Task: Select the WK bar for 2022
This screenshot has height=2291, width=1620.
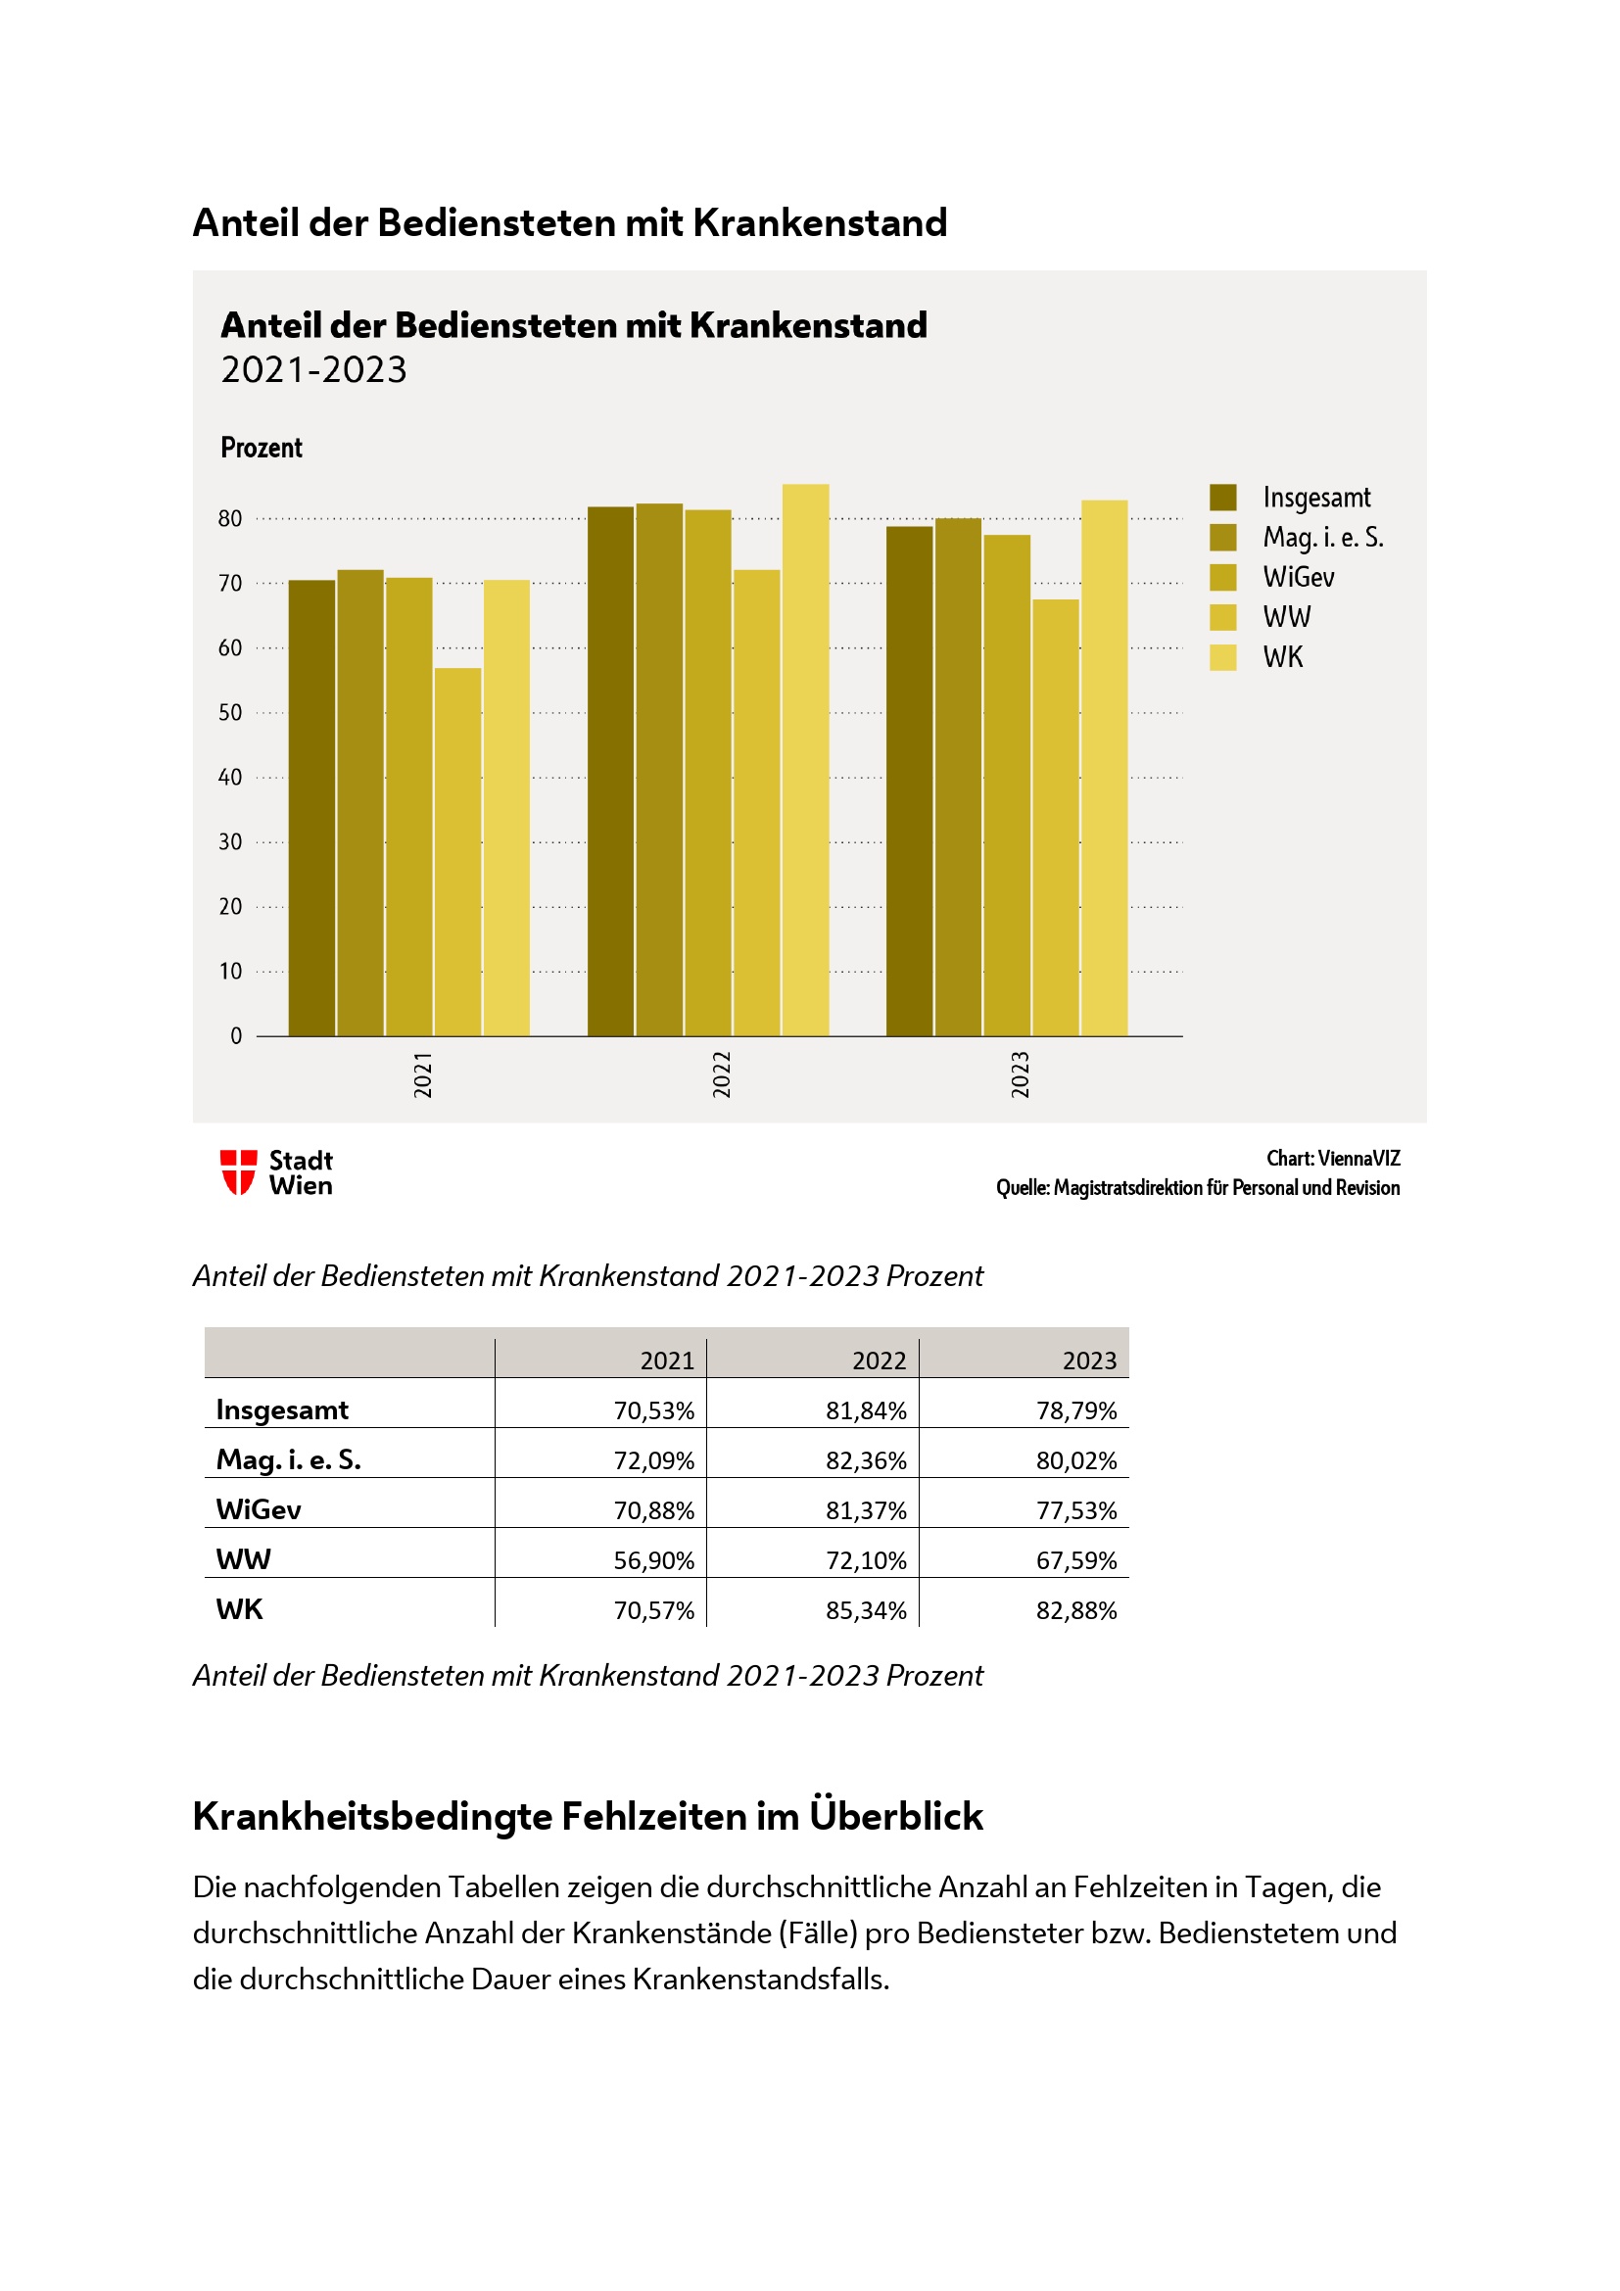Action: tap(805, 759)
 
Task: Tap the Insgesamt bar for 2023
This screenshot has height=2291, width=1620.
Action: tap(909, 781)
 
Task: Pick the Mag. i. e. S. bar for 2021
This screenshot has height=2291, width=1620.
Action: tap(360, 802)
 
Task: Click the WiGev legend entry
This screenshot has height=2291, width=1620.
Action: tap(1298, 577)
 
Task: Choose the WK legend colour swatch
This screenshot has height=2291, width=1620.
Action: tap(1223, 656)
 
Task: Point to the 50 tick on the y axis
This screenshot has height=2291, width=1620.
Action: tap(230, 712)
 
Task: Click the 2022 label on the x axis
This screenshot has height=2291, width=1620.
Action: tap(721, 1074)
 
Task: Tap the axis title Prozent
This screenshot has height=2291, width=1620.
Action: tap(262, 447)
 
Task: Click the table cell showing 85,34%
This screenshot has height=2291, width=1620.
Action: tap(865, 1610)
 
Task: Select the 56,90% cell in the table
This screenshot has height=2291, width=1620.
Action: tap(653, 1560)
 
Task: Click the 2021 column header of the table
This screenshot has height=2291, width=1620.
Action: tap(666, 1361)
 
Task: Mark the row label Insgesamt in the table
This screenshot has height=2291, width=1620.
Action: tap(282, 1409)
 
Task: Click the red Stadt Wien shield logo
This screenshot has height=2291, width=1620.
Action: tap(238, 1171)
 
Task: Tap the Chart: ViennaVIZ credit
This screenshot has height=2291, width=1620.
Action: tap(1333, 1159)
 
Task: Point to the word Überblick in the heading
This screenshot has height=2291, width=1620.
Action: tap(896, 1816)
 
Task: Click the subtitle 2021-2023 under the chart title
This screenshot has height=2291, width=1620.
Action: tap(314, 370)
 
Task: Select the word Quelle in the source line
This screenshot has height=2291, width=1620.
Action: tap(1022, 1187)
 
